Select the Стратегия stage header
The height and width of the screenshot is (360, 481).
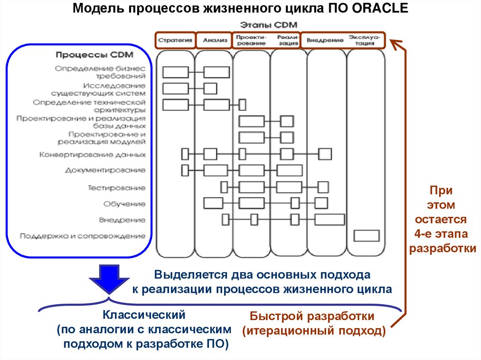[175, 40]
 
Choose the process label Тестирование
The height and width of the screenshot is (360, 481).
[117, 188]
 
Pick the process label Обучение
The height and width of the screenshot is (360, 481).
[124, 204]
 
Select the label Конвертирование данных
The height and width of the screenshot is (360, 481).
[92, 154]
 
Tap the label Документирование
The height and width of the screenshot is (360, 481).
[105, 170]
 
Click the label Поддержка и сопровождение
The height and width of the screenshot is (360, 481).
[83, 236]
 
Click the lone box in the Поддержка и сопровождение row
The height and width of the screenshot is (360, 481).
[366, 236]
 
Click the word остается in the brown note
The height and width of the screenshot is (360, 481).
[440, 219]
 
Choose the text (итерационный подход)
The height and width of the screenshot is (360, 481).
[314, 331]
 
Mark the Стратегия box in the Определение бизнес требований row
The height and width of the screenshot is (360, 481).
[175, 72]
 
